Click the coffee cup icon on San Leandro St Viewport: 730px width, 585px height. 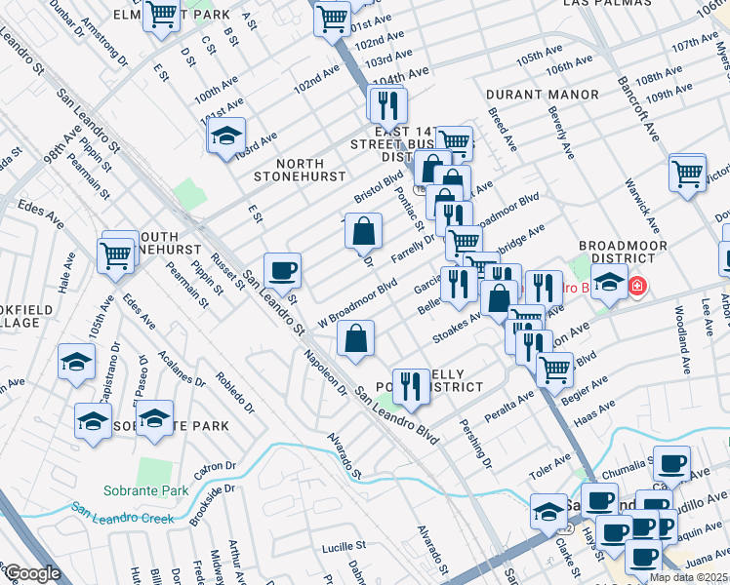282,269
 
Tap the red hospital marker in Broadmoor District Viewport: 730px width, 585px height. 637,287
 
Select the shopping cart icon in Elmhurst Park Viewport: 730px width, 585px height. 162,14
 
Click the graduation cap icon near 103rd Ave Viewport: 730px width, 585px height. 226,135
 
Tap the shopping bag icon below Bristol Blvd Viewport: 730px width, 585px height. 363,231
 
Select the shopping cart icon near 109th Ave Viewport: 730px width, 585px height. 688,173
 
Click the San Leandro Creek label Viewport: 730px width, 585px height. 122,511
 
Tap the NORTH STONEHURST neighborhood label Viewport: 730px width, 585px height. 300,170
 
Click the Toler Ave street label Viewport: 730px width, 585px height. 549,461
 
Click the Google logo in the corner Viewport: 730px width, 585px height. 31,573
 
